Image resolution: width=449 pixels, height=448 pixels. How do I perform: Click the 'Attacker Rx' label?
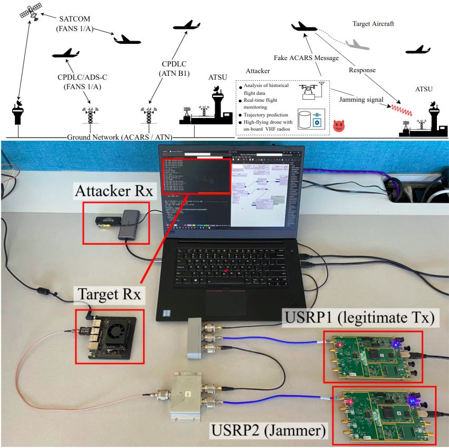click(x=116, y=191)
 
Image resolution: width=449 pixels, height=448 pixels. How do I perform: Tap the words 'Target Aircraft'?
click(x=373, y=24)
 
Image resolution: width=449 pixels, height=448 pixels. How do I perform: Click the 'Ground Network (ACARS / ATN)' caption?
click(x=120, y=138)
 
